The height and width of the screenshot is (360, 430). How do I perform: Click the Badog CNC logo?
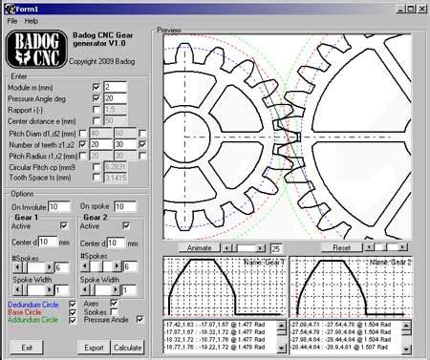[x=36, y=51]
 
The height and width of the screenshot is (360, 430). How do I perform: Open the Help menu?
[x=32, y=20]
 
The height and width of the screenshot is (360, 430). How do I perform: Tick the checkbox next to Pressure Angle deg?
[x=96, y=97]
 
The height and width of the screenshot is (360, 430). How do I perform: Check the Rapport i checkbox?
[x=96, y=109]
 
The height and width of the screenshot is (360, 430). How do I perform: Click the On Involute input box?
[x=58, y=206]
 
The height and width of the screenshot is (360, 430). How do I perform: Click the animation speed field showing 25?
[x=275, y=247]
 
